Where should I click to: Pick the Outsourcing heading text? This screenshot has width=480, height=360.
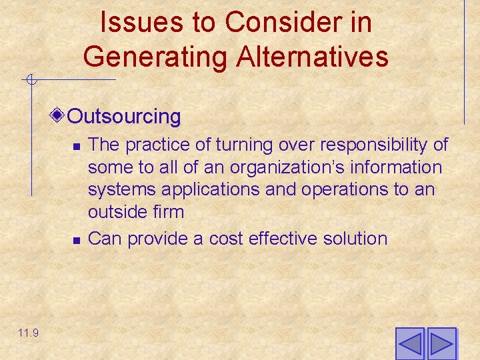point(125,117)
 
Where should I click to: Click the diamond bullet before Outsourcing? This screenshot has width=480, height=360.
point(59,116)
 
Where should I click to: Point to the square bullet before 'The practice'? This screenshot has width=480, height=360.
point(77,146)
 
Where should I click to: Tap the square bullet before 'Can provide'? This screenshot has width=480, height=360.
point(77,239)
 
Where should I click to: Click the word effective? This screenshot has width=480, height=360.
point(279,238)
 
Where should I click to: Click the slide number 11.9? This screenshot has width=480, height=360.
point(28,333)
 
